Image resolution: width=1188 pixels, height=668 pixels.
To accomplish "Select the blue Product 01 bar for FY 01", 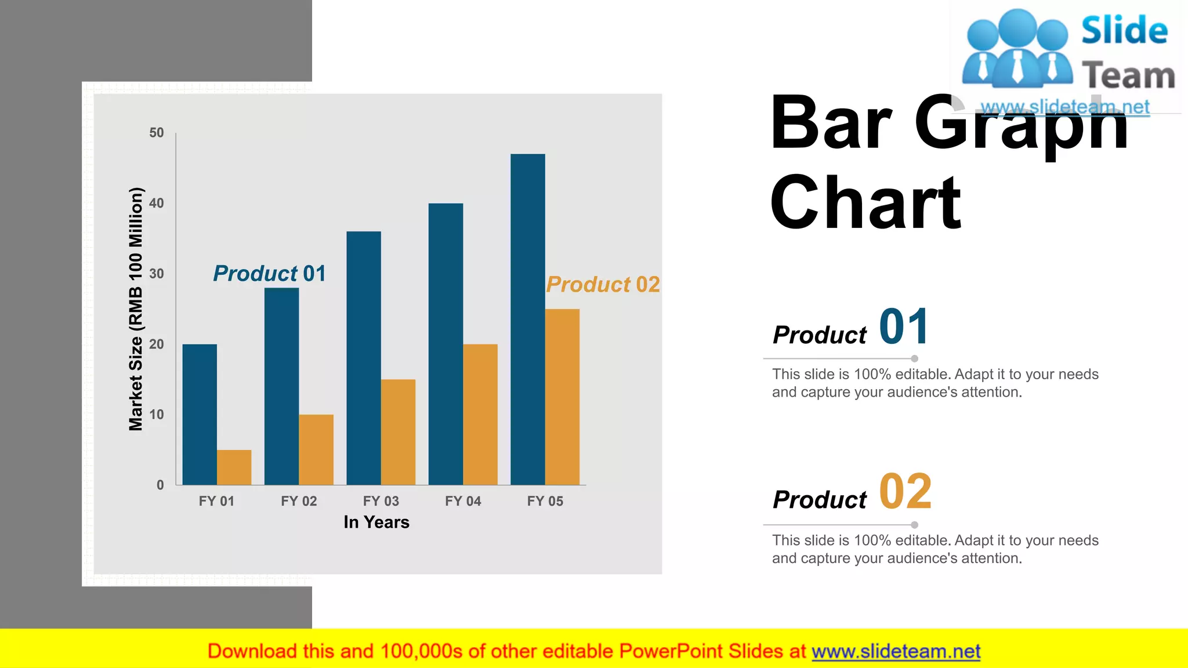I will [x=200, y=414].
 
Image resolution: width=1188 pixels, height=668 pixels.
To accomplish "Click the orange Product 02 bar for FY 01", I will [x=234, y=467].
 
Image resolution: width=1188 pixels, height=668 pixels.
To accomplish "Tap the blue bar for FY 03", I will [x=364, y=358].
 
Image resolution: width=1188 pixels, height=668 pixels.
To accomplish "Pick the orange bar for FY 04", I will [x=480, y=414].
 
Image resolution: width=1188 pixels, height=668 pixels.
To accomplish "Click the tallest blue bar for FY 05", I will [x=527, y=319].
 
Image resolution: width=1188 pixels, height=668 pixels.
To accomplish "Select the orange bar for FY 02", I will [x=316, y=449].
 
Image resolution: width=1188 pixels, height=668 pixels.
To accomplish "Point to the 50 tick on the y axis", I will [x=156, y=133].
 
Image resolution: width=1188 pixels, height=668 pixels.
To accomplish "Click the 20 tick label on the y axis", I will [x=156, y=344].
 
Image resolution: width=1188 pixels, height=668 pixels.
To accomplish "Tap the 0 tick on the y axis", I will [x=160, y=485].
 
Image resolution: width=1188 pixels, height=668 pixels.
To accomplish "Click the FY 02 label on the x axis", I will [x=299, y=501].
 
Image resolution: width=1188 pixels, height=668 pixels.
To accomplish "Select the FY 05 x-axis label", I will [x=545, y=501].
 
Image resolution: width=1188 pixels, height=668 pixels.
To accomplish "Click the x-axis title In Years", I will [x=376, y=522].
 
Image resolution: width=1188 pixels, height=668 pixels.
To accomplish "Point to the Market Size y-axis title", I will [x=135, y=309].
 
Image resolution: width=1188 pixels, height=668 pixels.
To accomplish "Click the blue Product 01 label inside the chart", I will [x=269, y=273].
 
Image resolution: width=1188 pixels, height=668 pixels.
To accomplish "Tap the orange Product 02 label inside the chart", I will [x=603, y=285].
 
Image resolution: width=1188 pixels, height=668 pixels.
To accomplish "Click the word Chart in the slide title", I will [x=865, y=202].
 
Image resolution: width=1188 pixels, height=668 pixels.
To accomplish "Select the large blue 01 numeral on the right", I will [x=904, y=327].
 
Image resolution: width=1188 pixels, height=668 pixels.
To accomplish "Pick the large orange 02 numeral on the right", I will [x=905, y=492].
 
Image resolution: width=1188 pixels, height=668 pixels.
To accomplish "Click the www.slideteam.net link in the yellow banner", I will [x=896, y=652].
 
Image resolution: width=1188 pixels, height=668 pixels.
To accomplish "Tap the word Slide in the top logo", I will [x=1124, y=30].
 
